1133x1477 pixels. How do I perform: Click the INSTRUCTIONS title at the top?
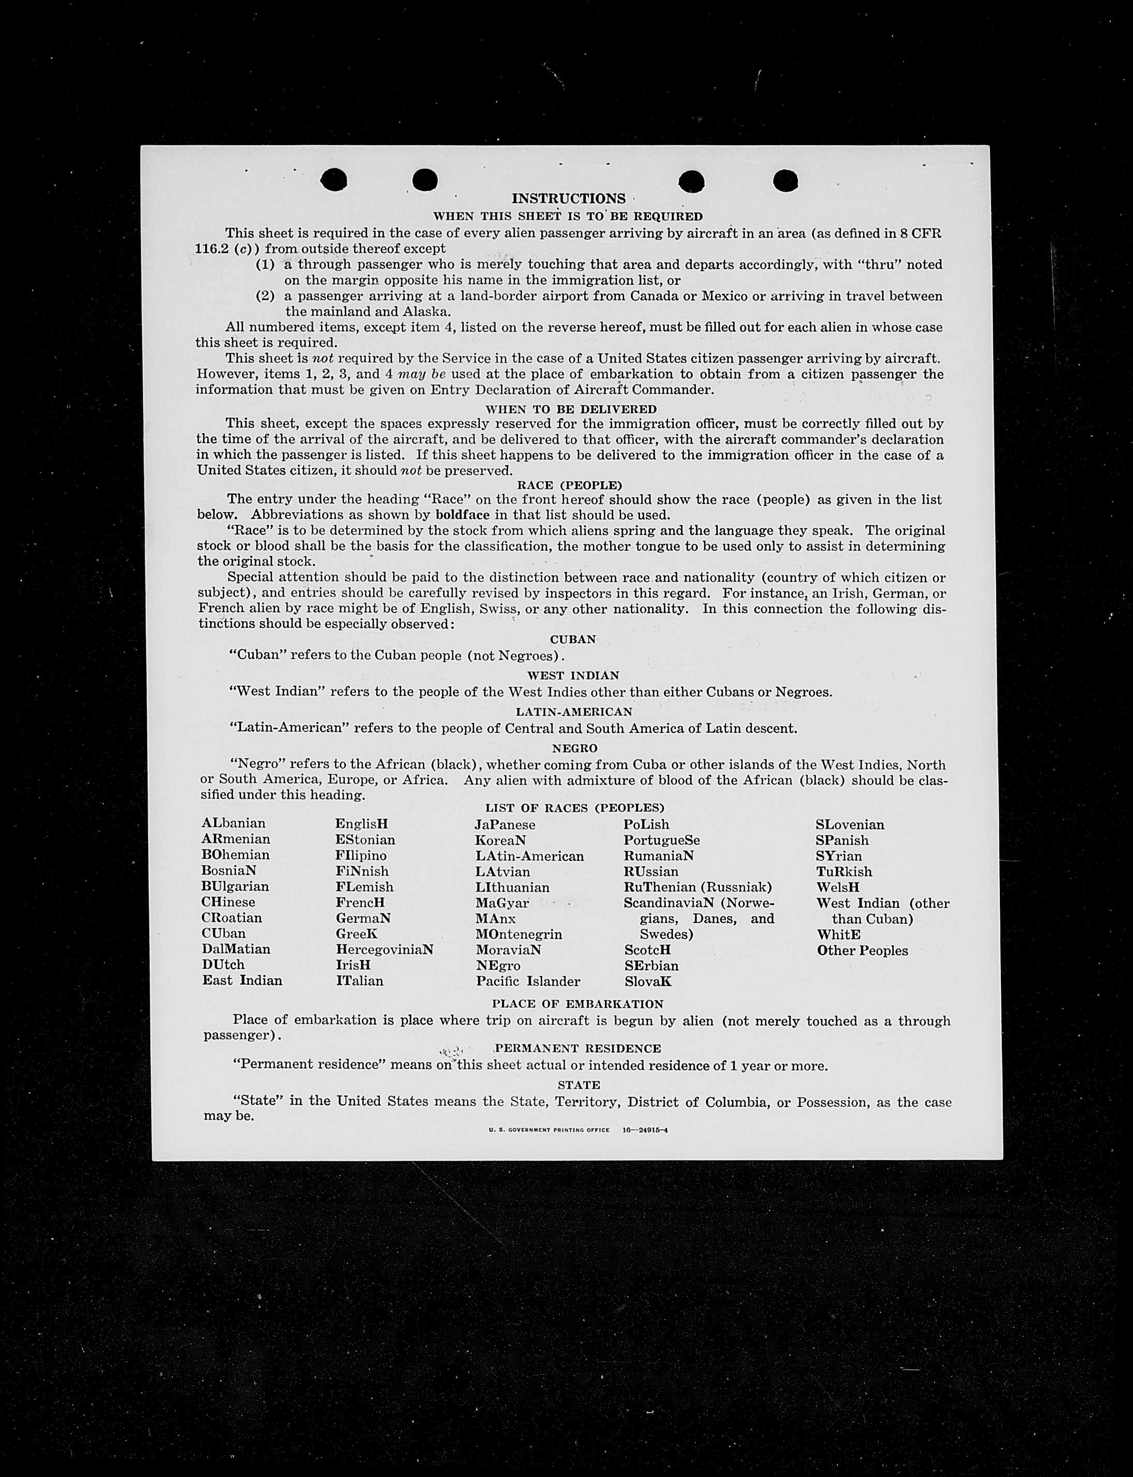(x=569, y=198)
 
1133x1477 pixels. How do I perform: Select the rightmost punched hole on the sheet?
(x=786, y=180)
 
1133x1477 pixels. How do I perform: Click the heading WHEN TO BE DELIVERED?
(x=571, y=409)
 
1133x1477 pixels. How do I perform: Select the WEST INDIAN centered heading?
(x=573, y=675)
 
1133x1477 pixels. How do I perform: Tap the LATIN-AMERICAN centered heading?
(x=574, y=712)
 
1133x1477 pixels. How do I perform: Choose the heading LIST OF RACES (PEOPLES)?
(x=575, y=807)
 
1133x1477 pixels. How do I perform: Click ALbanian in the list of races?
(x=234, y=823)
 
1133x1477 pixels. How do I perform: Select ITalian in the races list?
(x=359, y=981)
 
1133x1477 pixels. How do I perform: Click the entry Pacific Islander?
(x=527, y=981)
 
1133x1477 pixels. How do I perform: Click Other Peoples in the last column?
(x=862, y=950)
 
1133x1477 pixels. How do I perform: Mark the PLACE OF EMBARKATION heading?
(x=577, y=1004)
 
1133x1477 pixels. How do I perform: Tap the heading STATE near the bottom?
(x=578, y=1084)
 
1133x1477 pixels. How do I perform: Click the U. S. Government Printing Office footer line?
(x=578, y=1130)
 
